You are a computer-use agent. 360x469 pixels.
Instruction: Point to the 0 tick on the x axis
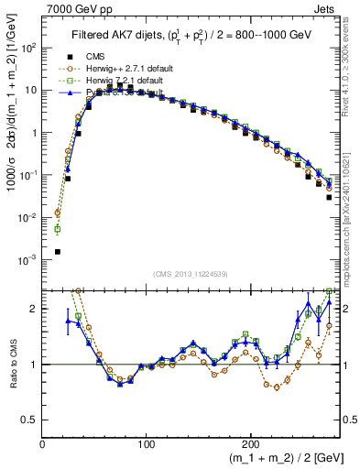[43, 443]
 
